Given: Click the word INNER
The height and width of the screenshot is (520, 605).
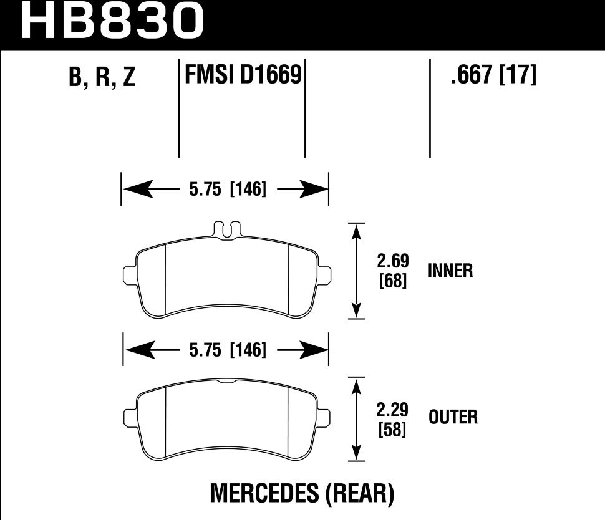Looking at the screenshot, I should coord(450,271).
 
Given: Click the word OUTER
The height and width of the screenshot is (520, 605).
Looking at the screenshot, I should coord(453,416).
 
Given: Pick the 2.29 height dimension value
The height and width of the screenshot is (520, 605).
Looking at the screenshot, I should coord(392,410).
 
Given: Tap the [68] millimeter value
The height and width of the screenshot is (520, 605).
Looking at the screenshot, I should coord(393,282).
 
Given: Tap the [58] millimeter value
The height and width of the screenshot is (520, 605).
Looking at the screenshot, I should coord(392,430).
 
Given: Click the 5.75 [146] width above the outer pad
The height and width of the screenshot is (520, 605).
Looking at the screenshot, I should coord(226,350).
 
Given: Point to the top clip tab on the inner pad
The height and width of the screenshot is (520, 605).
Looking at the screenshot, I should coord(225,229).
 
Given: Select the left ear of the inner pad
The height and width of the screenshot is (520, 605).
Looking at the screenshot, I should coord(129,274).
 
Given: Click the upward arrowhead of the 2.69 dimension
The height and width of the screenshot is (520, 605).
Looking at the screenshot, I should coord(356,232).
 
